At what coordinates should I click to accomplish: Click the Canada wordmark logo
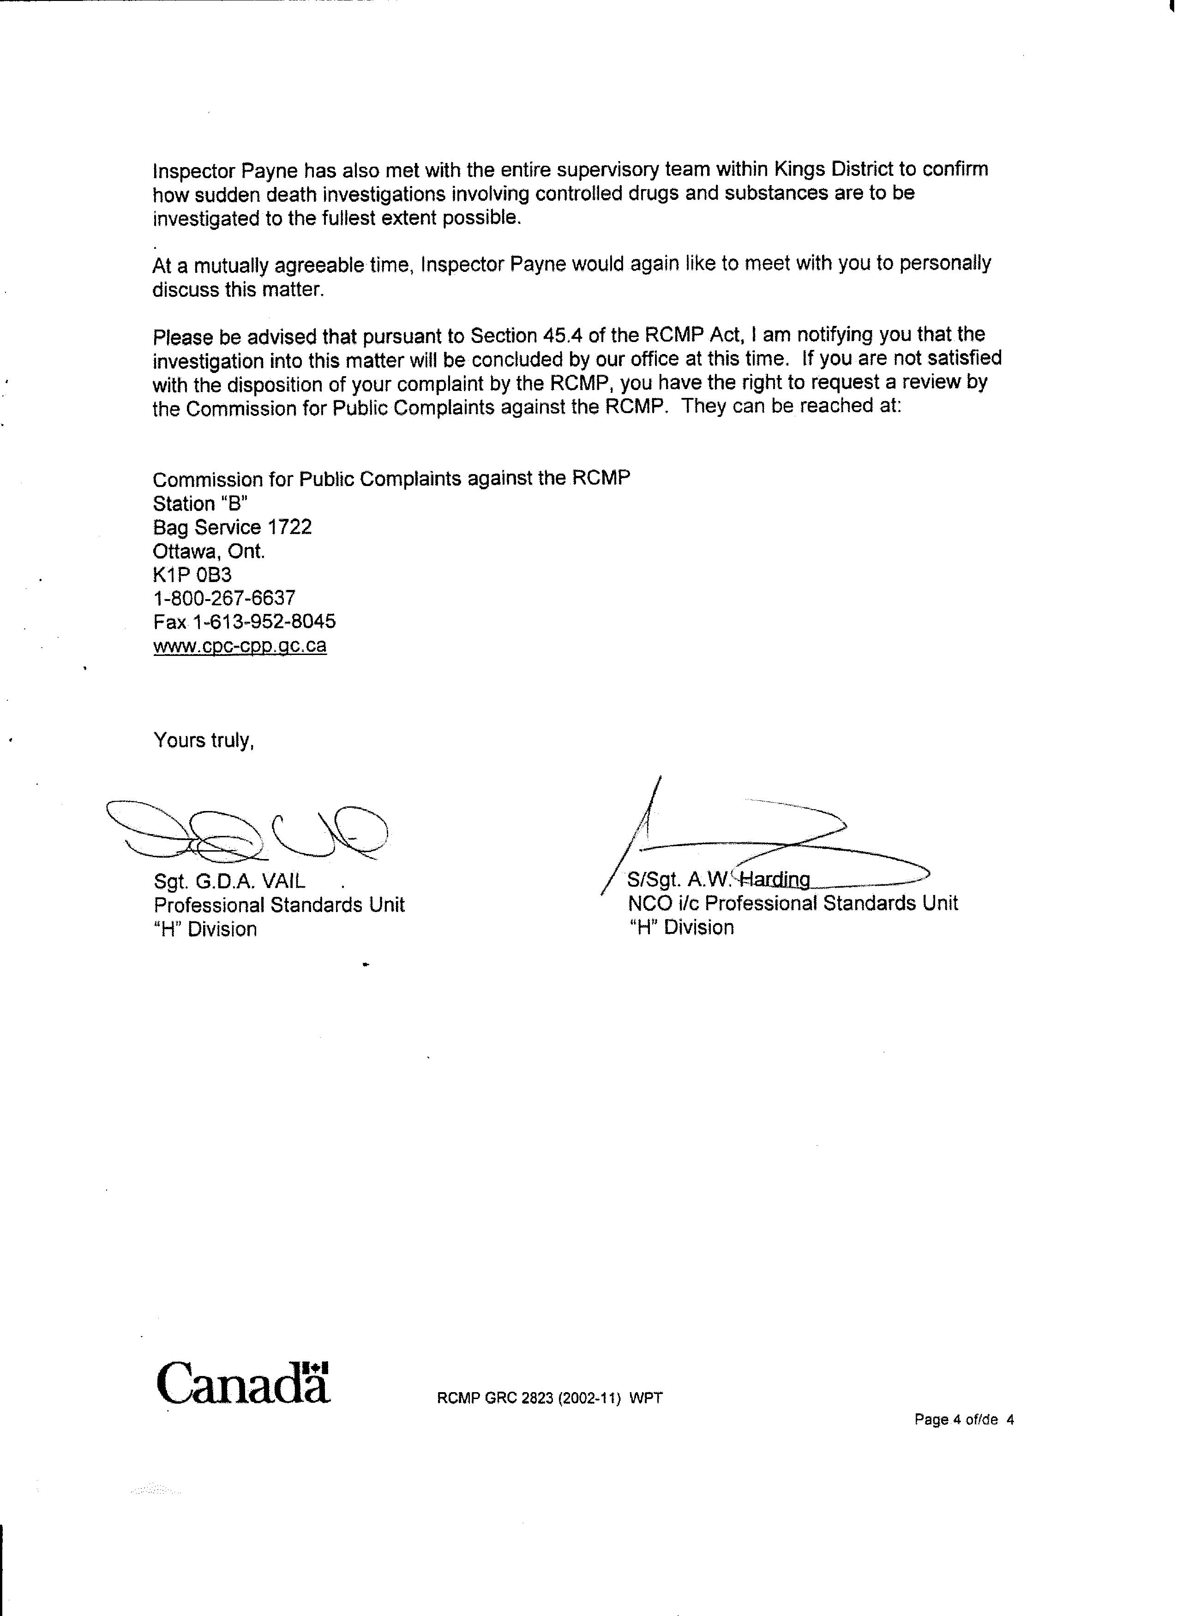point(243,1384)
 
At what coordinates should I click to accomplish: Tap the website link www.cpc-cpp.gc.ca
point(240,646)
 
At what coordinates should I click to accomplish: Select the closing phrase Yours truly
point(204,741)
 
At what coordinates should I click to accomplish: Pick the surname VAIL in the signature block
point(283,881)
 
